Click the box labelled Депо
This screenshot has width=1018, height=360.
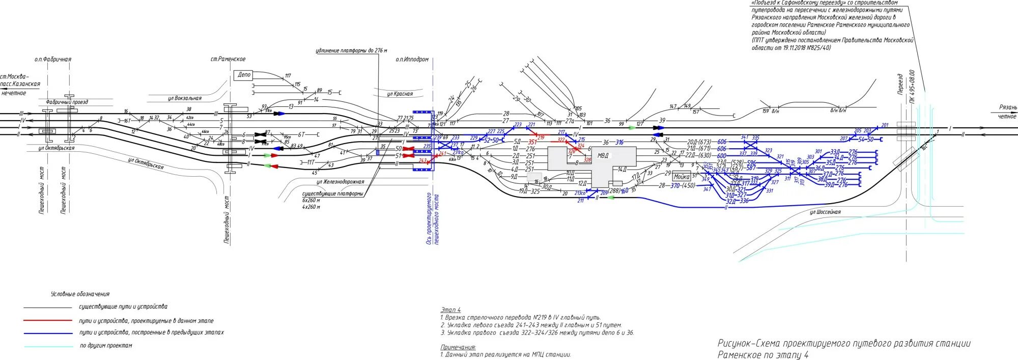pos(244,75)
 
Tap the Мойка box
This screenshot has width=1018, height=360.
pos(682,177)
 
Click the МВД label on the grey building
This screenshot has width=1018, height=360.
pos(603,155)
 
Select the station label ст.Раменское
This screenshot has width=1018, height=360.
pos(228,59)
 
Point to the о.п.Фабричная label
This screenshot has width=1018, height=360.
pos(52,59)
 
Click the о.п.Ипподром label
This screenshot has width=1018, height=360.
pos(412,59)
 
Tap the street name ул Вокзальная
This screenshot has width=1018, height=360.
pos(184,98)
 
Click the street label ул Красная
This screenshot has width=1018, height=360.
pos(400,94)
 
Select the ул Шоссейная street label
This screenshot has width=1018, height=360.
pos(826,212)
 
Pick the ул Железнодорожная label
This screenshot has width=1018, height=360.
pos(340,182)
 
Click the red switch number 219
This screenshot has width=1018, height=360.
pos(541,137)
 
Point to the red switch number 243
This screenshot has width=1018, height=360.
pos(422,160)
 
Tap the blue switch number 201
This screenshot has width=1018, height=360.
pos(885,125)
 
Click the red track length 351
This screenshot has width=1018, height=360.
pos(532,143)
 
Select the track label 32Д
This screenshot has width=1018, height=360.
pos(730,201)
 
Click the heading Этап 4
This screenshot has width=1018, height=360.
pos(450,310)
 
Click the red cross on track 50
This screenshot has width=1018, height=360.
pos(408,149)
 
